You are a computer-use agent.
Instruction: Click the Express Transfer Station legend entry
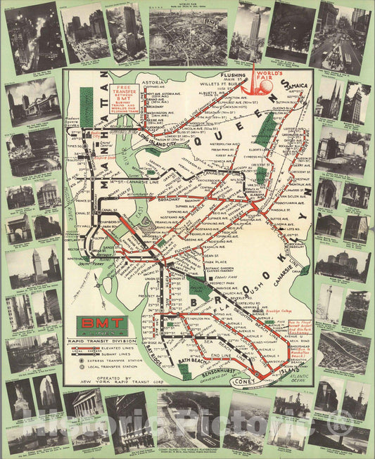coord(116,359)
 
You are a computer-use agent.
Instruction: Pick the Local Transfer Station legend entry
coord(116,367)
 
